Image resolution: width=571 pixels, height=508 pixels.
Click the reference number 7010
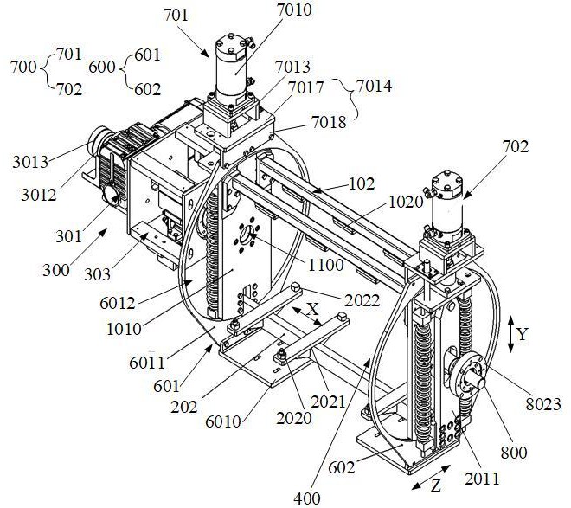click(x=294, y=10)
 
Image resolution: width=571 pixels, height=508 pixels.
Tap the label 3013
click(x=30, y=162)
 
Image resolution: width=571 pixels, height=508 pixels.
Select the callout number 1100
click(x=326, y=265)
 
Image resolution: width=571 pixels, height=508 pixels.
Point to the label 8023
click(x=543, y=404)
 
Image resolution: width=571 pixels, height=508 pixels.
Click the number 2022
click(x=362, y=301)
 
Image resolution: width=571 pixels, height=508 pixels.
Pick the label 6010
click(x=223, y=421)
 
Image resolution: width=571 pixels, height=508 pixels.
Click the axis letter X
click(x=312, y=309)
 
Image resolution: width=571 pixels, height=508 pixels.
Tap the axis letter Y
click(x=523, y=334)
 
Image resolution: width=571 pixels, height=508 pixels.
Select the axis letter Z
click(x=436, y=485)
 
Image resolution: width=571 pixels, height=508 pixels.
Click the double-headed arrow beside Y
click(x=511, y=334)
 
